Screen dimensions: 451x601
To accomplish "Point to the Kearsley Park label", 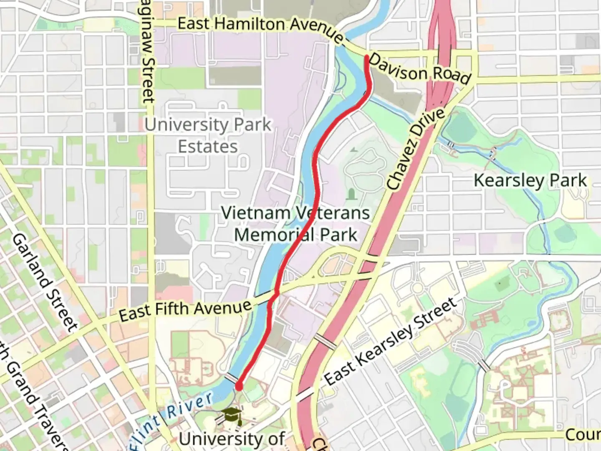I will coord(530,180).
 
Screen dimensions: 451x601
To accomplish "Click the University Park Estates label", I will coord(208,136).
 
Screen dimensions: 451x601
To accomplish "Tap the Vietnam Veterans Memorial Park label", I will coord(295,224).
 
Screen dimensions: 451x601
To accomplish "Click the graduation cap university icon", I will coord(232,416).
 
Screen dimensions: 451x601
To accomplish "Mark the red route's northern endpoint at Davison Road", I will coord(366,57).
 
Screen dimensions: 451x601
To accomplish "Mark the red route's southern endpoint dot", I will coord(239,386).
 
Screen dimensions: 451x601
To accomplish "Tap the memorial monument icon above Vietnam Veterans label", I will coord(351,194).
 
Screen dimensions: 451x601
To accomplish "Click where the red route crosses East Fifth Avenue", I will coord(276,291).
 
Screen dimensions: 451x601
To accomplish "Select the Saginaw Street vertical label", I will coord(147,63).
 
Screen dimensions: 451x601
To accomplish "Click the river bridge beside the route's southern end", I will coord(230,379).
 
